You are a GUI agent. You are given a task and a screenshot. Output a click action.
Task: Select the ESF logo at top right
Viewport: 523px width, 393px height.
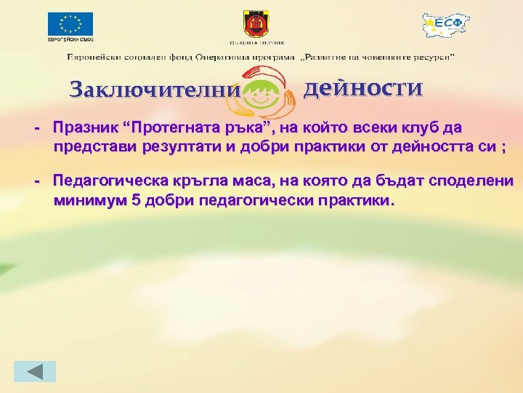point(446,27)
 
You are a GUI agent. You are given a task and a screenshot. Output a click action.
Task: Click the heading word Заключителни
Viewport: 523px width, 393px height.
point(154,90)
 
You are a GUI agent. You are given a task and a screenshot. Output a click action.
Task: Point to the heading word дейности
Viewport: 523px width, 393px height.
point(362,88)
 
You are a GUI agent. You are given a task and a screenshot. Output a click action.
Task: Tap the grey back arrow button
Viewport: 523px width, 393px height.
point(36,371)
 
